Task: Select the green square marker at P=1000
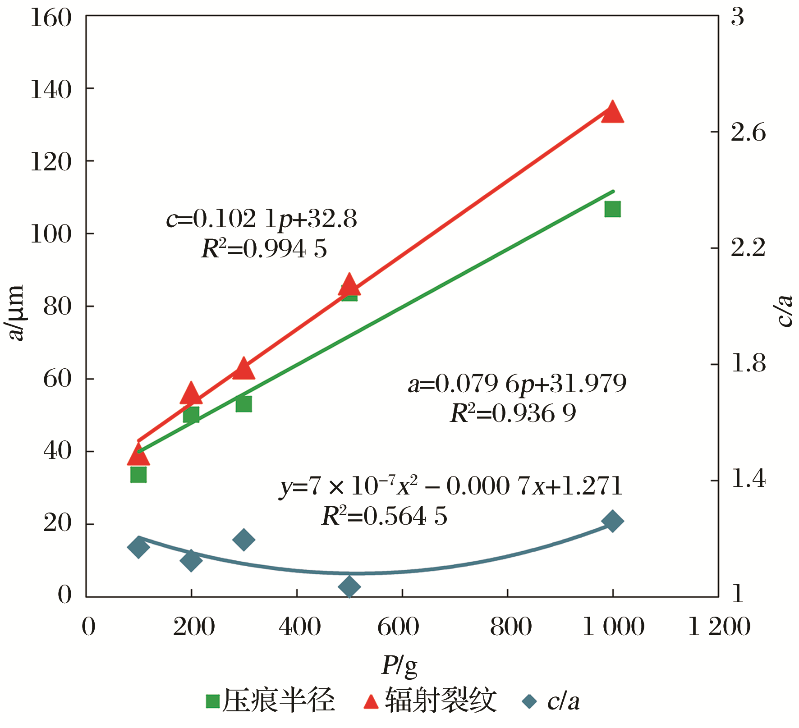[x=612, y=209]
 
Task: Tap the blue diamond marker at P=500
[x=349, y=586]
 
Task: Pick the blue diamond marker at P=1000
[x=612, y=521]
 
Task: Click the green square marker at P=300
[x=243, y=404]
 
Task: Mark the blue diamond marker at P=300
[x=243, y=540]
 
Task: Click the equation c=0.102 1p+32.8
[x=262, y=220]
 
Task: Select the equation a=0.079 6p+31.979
[x=517, y=384]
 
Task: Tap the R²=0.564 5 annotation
[x=384, y=516]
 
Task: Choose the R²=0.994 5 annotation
[x=264, y=249]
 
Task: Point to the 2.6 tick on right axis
[x=748, y=133]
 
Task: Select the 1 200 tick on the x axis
[x=719, y=627]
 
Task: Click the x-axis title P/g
[x=399, y=665]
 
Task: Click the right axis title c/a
[x=785, y=311]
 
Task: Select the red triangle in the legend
[x=371, y=701]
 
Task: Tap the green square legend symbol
[x=212, y=701]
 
